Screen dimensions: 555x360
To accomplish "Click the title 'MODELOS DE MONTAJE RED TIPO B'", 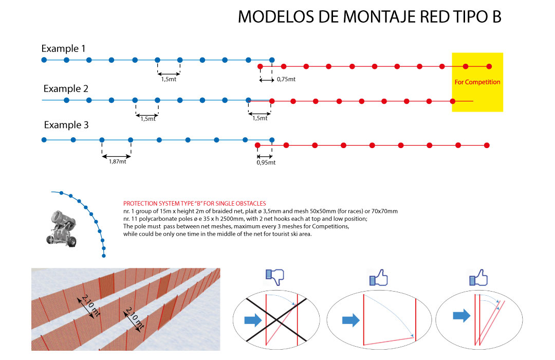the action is point(369,16).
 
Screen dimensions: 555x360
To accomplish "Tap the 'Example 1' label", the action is point(63,48).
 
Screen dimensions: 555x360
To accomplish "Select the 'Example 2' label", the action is point(66,88).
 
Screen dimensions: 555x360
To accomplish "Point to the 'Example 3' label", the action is point(66,125).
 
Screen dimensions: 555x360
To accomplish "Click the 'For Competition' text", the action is point(477,82).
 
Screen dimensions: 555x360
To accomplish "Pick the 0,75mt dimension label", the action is point(286,79).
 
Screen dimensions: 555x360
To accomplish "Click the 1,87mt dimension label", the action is point(117,161).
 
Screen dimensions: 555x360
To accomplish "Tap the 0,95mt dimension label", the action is point(266,163).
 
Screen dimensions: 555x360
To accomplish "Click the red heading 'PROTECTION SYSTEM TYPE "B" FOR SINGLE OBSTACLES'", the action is point(194,203).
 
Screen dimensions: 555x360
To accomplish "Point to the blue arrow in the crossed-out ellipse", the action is point(253,320).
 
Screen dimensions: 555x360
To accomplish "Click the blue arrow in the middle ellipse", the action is point(351,320).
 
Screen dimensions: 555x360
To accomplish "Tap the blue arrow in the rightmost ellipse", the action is point(461,315).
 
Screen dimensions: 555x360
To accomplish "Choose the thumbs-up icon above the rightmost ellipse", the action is point(478,277).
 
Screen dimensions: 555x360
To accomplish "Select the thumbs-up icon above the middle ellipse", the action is point(378,277).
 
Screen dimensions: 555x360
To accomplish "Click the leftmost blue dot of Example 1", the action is point(44,60).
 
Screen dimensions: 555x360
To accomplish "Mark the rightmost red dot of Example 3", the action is point(487,145).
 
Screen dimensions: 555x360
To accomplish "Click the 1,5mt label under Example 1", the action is point(169,79).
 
